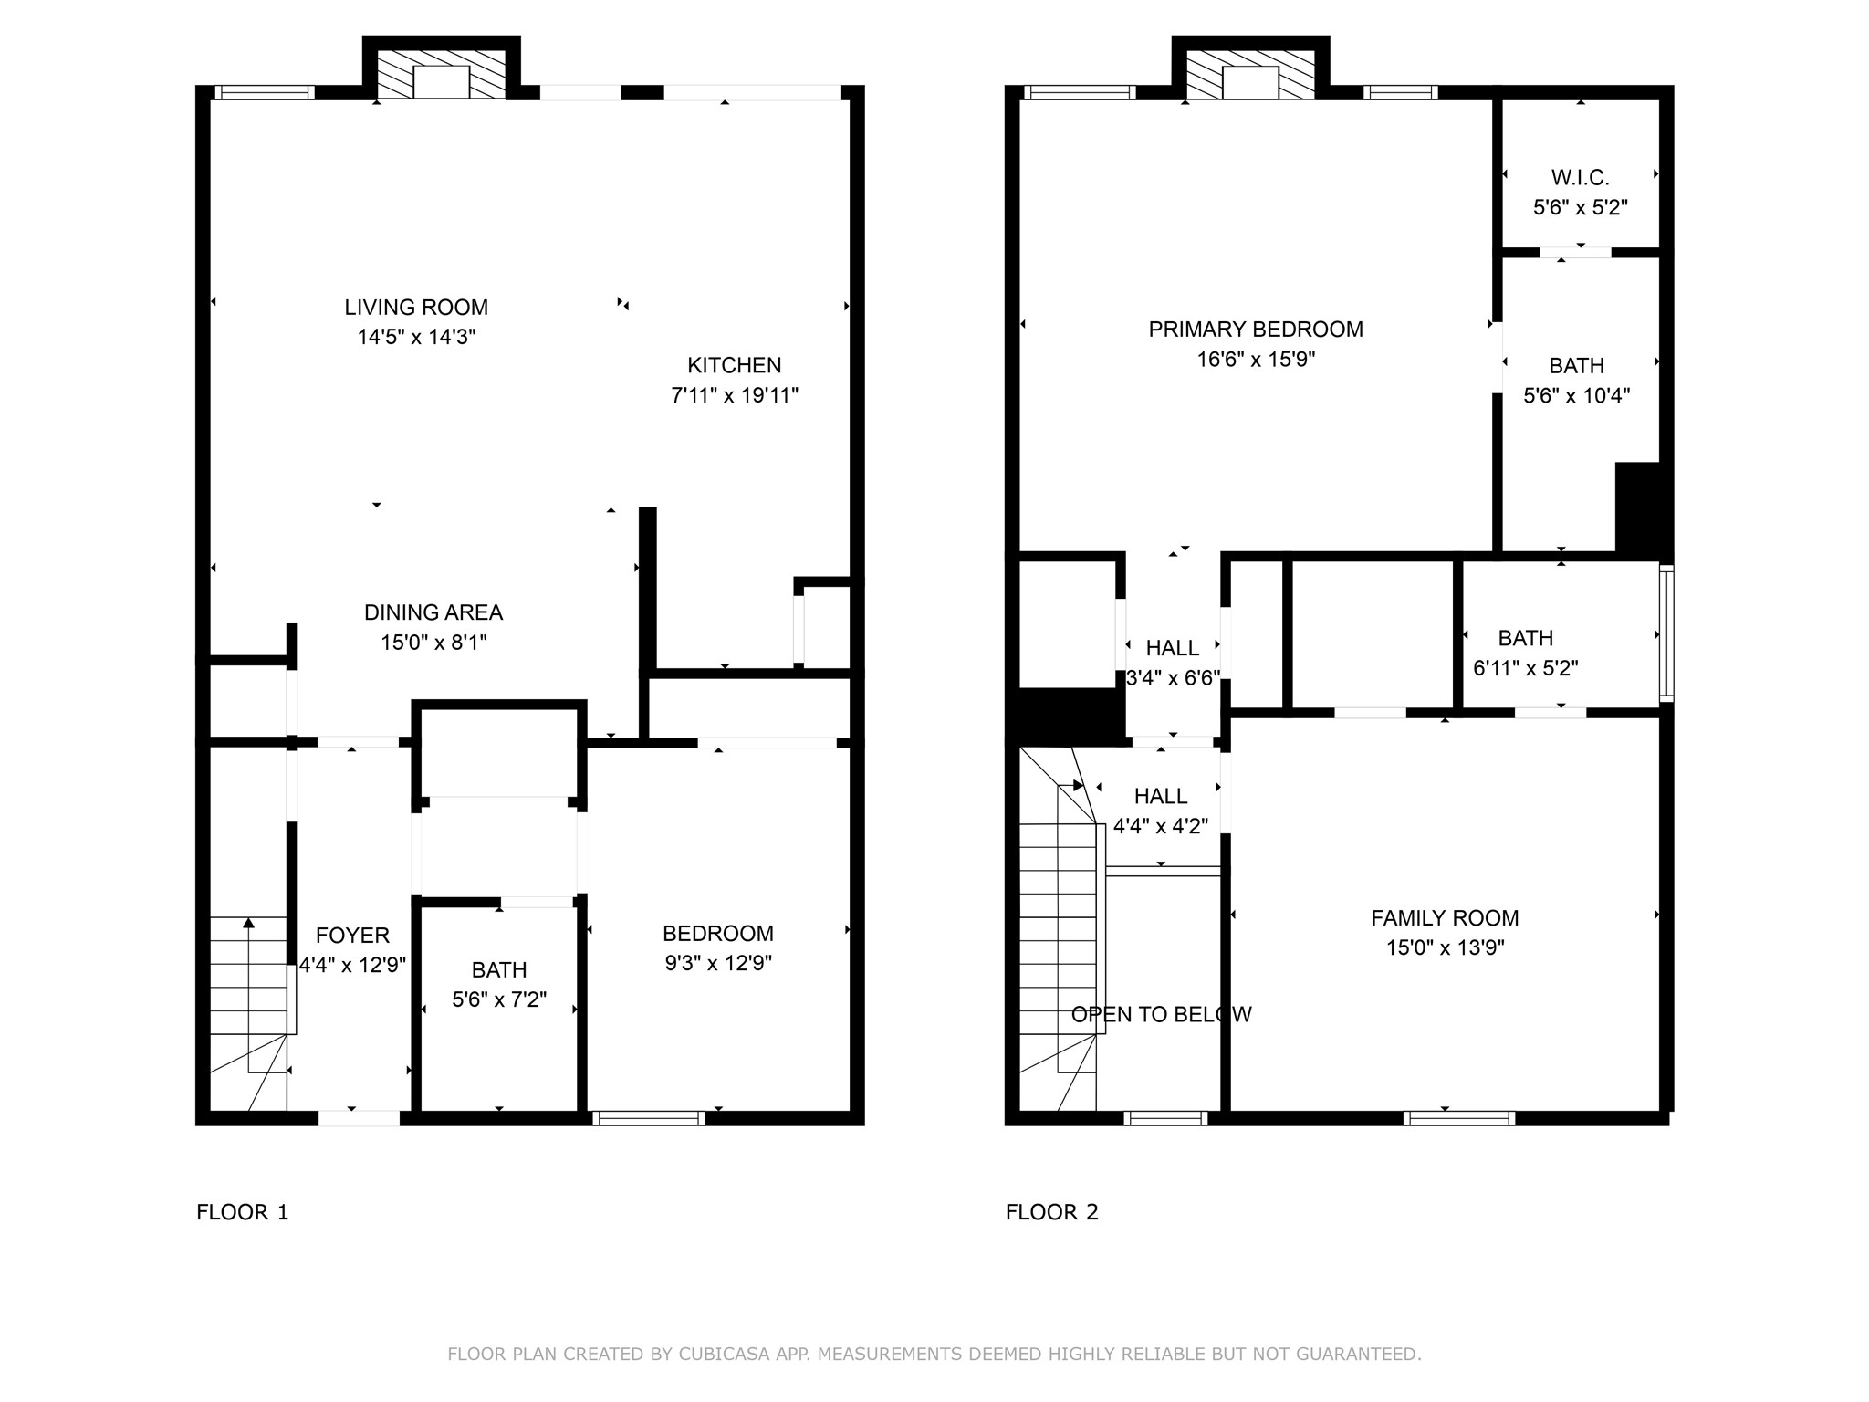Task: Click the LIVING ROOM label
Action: [x=416, y=308]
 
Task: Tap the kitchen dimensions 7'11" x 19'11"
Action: [x=735, y=395]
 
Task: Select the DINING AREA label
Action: [x=433, y=612]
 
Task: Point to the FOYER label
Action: [x=352, y=936]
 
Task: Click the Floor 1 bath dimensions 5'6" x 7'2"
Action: [x=499, y=999]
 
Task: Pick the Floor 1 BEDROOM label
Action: [x=718, y=934]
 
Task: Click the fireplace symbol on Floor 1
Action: [x=442, y=74]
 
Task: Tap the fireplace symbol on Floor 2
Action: [x=1250, y=74]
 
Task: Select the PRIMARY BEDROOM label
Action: [x=1256, y=330]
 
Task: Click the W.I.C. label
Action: [x=1581, y=177]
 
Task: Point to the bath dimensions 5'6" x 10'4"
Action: [x=1577, y=395]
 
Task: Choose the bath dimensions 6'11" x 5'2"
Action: [x=1526, y=667]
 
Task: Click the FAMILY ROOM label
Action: [x=1445, y=917]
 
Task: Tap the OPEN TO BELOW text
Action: [x=1161, y=1014]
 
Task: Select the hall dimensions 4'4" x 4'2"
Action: [x=1161, y=826]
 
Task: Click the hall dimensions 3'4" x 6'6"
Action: [x=1173, y=677]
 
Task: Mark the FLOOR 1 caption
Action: [x=242, y=1212]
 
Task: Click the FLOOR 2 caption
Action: [x=1052, y=1212]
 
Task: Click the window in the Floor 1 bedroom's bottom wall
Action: [x=649, y=1118]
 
